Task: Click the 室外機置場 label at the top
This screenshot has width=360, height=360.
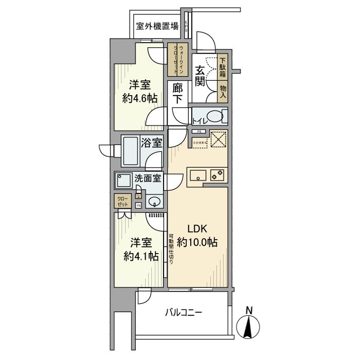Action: (x=157, y=26)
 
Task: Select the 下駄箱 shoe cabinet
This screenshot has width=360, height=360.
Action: (x=222, y=67)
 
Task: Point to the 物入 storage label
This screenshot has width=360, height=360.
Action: (x=223, y=92)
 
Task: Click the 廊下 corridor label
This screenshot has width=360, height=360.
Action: (x=177, y=94)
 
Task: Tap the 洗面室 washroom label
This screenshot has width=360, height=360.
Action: (x=148, y=179)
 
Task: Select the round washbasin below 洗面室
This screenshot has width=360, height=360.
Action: (x=153, y=201)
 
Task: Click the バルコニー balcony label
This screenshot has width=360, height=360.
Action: (x=184, y=313)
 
